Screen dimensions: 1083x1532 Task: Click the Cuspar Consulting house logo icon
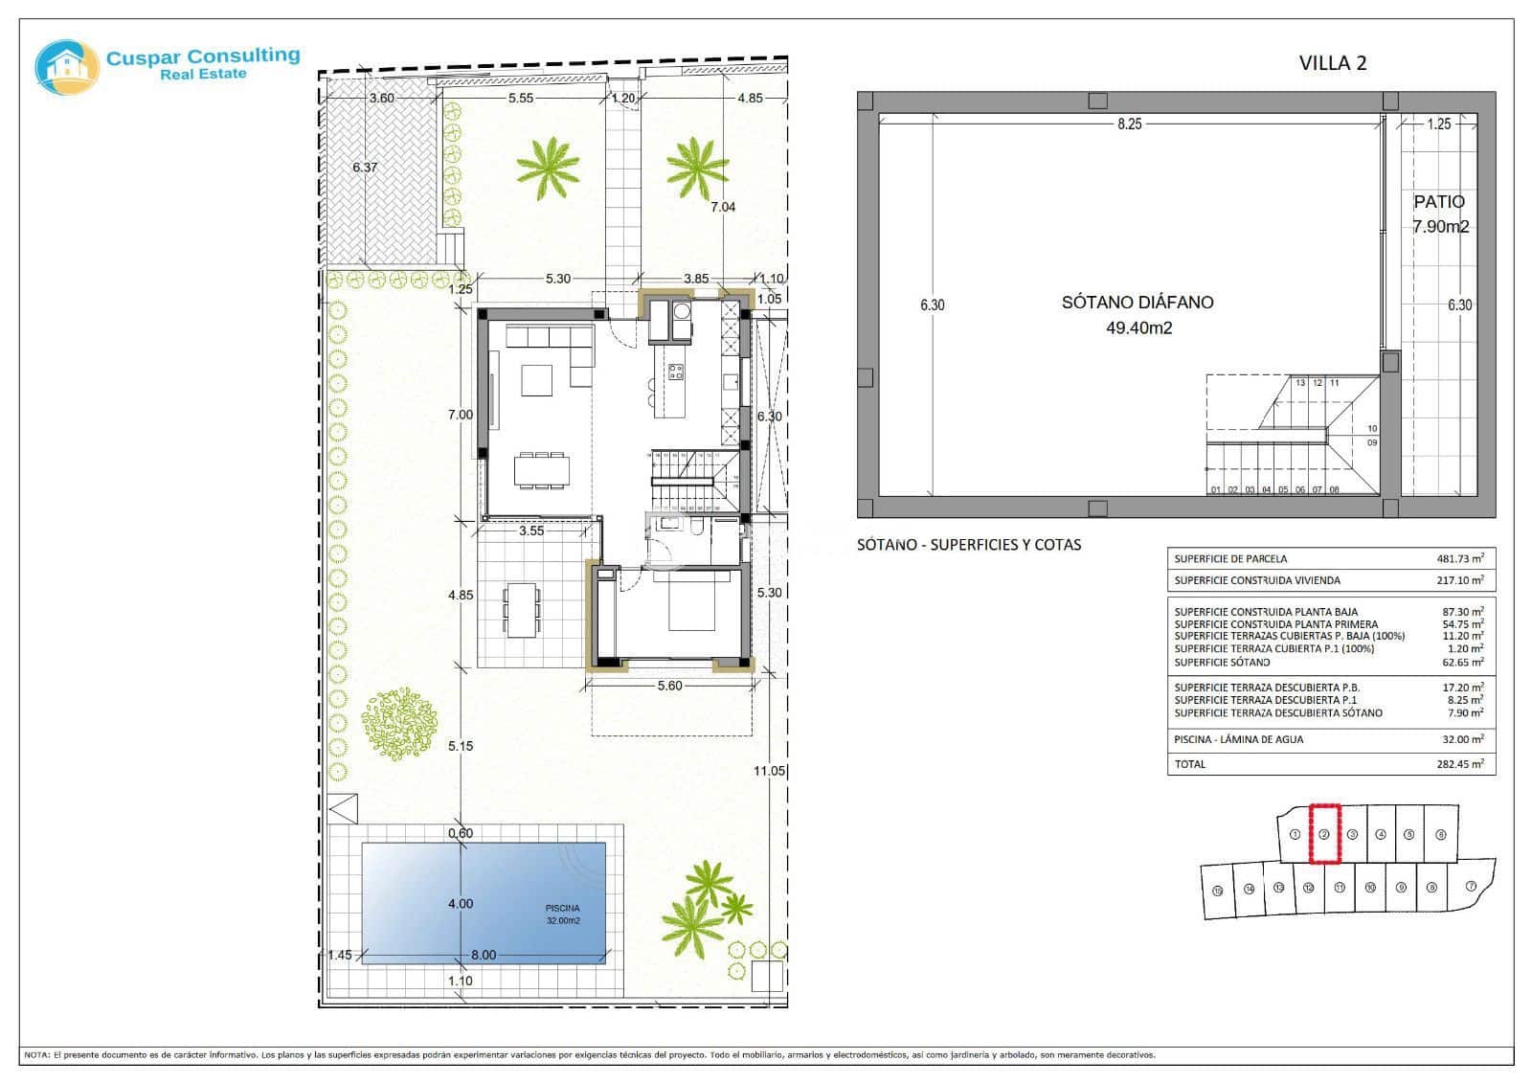(x=67, y=67)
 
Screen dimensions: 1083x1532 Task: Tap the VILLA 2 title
(x=1332, y=63)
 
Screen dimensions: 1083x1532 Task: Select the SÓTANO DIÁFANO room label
(x=1138, y=303)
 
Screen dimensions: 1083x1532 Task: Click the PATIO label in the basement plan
(x=1439, y=202)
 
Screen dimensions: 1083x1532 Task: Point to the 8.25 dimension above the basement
(x=1129, y=124)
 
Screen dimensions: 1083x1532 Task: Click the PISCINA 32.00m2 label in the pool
(x=563, y=914)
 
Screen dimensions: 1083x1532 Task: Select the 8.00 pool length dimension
(x=484, y=955)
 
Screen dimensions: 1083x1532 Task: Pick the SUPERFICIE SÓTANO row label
(x=1222, y=662)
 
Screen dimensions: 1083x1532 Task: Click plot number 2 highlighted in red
(x=1323, y=834)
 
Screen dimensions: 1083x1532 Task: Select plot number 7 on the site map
(x=1470, y=887)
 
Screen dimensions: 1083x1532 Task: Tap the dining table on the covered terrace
(x=522, y=610)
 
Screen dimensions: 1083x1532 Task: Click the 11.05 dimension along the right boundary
(x=769, y=771)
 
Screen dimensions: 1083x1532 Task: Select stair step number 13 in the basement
(x=1300, y=383)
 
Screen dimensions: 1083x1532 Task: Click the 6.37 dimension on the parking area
(x=365, y=168)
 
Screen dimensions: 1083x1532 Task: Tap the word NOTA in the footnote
(x=36, y=1055)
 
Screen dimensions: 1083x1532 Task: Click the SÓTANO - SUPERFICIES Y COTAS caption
(x=968, y=545)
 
